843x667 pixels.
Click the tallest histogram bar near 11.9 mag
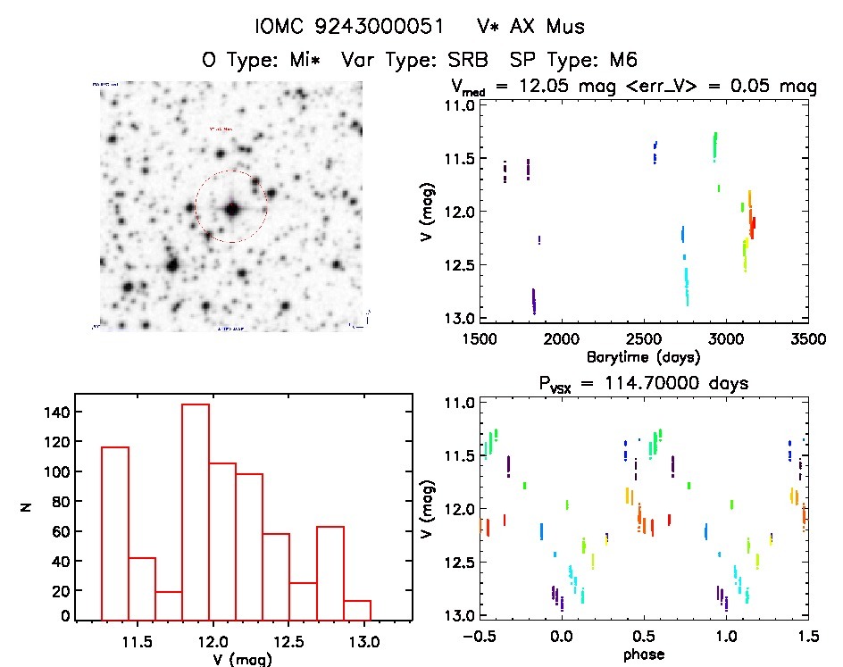195,512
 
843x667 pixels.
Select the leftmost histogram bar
114,533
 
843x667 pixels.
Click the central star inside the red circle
232,210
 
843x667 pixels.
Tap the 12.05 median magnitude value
534,88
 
